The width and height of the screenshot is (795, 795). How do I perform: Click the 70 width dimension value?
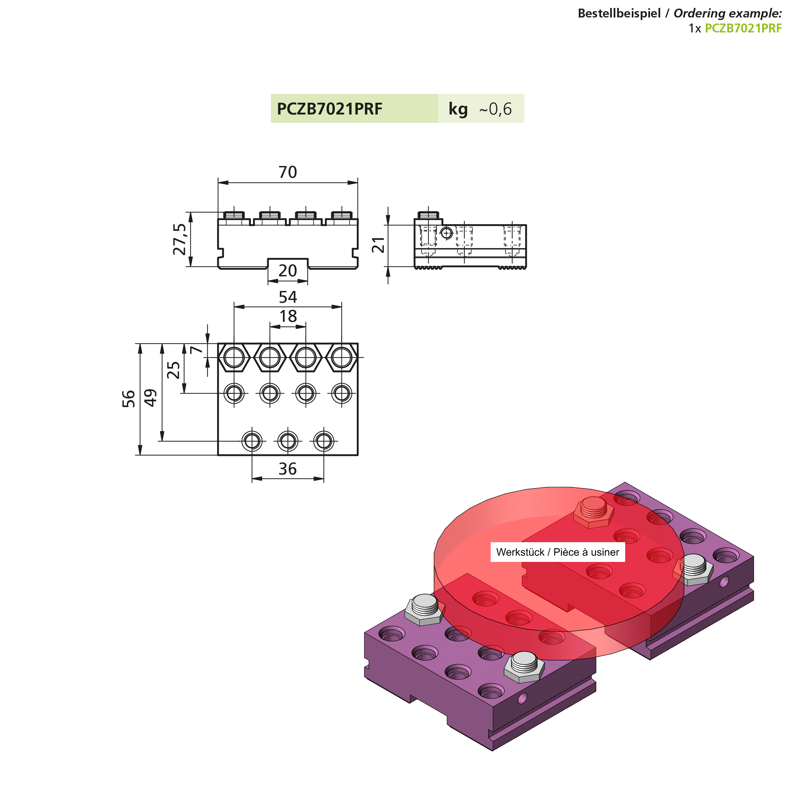click(x=288, y=172)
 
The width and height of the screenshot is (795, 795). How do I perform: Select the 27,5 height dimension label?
click(x=180, y=239)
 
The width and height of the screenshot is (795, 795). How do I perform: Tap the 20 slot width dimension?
click(x=288, y=271)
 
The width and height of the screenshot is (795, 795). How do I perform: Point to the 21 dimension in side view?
click(x=378, y=245)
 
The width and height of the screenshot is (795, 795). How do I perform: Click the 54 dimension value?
click(x=288, y=297)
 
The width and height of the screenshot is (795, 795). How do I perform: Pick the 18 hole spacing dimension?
click(x=288, y=316)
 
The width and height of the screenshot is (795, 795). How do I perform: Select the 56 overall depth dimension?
click(x=129, y=399)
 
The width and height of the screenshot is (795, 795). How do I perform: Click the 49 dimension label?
click(x=151, y=397)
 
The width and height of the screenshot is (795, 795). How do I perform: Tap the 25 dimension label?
click(x=174, y=370)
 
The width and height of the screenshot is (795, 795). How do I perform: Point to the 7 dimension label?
click(x=197, y=349)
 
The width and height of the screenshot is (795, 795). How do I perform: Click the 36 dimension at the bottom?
click(x=288, y=469)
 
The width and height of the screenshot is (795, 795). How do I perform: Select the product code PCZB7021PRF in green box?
click(x=329, y=109)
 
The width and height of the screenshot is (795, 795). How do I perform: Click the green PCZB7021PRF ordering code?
click(x=743, y=28)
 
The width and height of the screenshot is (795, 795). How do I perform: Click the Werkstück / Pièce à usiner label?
click(x=557, y=552)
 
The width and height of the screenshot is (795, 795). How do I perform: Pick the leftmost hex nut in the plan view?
click(x=234, y=357)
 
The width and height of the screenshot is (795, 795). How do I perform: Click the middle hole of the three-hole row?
click(x=288, y=441)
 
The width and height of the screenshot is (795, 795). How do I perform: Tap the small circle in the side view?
click(x=446, y=233)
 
